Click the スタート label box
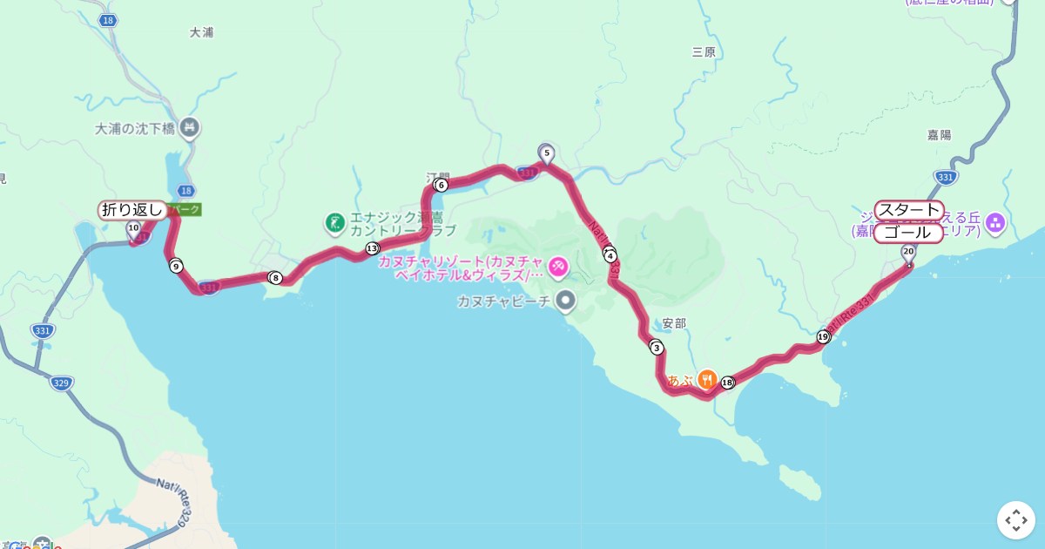click(908, 210)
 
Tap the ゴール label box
click(907, 234)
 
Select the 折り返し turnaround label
click(132, 209)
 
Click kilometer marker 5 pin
click(547, 154)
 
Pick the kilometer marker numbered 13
click(373, 248)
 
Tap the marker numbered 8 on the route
click(276, 278)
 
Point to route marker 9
click(176, 266)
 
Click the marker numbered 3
click(657, 348)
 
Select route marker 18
click(728, 382)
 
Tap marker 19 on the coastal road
click(823, 336)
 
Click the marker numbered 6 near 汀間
click(441, 185)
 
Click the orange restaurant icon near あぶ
click(706, 380)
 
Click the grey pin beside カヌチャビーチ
click(566, 302)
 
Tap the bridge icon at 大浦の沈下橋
click(190, 129)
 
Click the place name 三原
click(704, 52)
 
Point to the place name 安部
click(674, 323)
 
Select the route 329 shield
click(61, 383)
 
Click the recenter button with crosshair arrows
click(1016, 520)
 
